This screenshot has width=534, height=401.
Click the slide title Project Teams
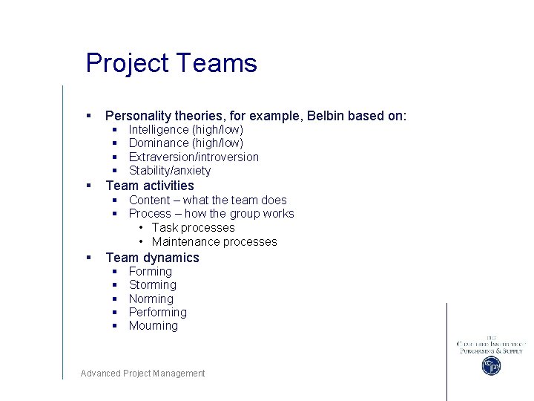coord(171,63)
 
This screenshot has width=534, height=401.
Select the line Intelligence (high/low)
coord(185,130)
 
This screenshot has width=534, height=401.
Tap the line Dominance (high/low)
coord(185,143)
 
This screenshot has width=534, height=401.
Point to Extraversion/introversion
coord(194,157)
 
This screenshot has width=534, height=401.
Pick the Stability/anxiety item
coord(170,171)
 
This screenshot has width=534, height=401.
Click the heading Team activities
coord(150,186)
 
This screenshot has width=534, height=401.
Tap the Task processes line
coord(193,228)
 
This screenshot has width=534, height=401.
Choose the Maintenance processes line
coord(214,242)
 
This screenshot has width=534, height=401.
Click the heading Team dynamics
coord(152,258)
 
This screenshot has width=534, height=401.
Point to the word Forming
coord(150,272)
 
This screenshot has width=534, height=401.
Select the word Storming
coord(153,285)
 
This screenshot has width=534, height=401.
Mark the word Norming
coord(151,299)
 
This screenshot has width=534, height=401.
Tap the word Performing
coord(157,313)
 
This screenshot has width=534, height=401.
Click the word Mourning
coord(154,326)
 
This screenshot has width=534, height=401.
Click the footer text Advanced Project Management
coord(142,374)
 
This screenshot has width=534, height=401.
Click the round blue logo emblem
coord(491,365)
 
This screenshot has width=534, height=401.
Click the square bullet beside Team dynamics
coord(88,258)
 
